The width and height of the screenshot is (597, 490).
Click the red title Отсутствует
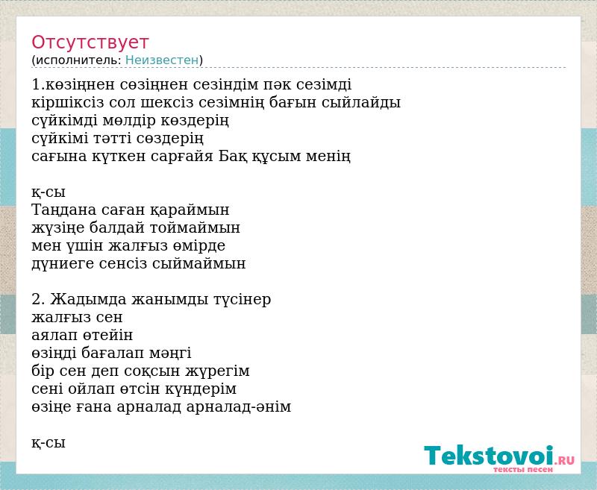pyautogui.click(x=90, y=43)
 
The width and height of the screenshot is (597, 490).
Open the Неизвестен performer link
pyautogui.click(x=162, y=60)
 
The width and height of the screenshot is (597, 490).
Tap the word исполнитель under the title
pyautogui.click(x=78, y=60)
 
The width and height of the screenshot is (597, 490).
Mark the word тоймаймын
pyautogui.click(x=195, y=227)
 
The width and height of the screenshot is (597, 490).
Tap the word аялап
pyautogui.click(x=54, y=335)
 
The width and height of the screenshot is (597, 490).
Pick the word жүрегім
pyautogui.click(x=217, y=371)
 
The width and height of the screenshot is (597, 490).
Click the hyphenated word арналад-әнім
pyautogui.click(x=239, y=406)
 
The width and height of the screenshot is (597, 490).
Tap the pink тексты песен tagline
pyautogui.click(x=523, y=469)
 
